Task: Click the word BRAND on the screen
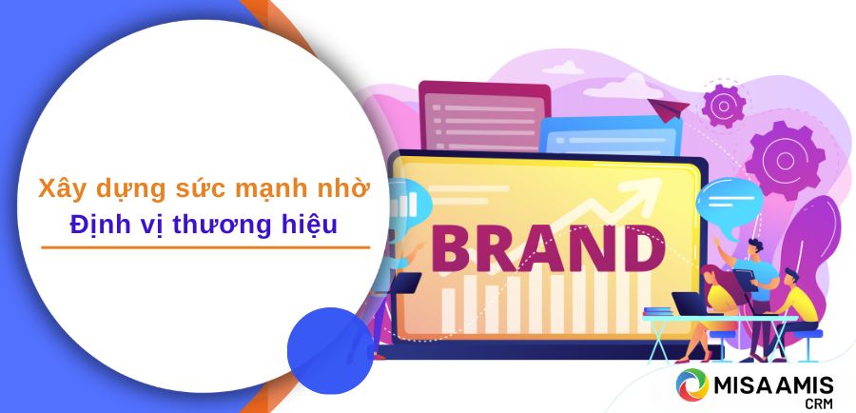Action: coord(549,249)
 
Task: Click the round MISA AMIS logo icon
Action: coord(692,384)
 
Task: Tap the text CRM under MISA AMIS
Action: coord(820,403)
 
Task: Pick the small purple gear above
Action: coord(724,106)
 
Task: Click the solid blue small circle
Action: coord(330,351)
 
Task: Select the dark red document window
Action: coord(484,116)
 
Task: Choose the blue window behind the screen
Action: coord(611,135)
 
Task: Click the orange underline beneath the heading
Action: coord(205,247)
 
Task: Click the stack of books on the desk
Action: coord(658,311)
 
